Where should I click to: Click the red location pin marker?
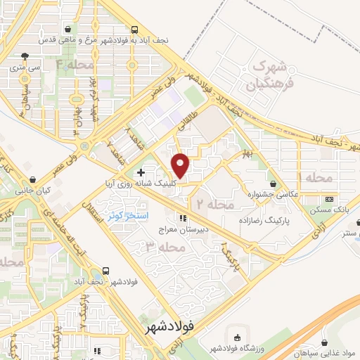[181, 165]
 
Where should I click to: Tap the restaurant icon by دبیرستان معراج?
[184, 217]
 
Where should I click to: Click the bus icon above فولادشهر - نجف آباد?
[105, 269]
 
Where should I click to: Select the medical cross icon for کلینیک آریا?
[141, 172]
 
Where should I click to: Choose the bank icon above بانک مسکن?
[330, 200]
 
